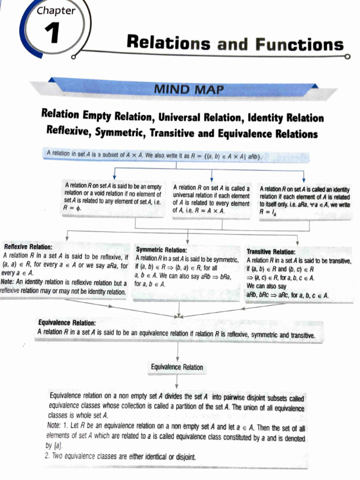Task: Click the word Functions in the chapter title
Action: (x=300, y=45)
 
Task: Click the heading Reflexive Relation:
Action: (x=28, y=247)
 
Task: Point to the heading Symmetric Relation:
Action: (x=161, y=250)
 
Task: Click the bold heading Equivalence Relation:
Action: (x=67, y=323)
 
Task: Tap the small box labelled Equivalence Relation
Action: (x=177, y=367)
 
